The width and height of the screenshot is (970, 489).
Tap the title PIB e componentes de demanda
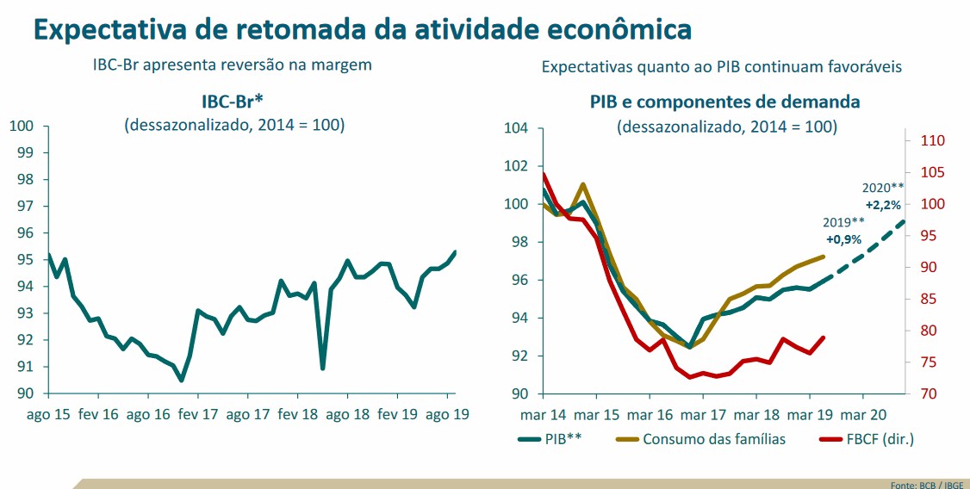click(x=724, y=102)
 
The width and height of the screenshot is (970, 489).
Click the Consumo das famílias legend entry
click(x=703, y=438)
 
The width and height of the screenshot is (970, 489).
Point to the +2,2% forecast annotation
click(x=883, y=205)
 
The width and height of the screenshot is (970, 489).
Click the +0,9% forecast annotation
click(x=843, y=239)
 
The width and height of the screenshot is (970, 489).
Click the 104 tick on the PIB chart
click(x=515, y=128)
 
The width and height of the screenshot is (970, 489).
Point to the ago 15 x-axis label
click(x=47, y=413)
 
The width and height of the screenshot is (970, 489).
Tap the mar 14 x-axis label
click(x=543, y=413)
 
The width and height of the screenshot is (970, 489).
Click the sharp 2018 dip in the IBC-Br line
click(x=322, y=368)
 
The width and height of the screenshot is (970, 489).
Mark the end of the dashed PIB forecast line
click(x=904, y=221)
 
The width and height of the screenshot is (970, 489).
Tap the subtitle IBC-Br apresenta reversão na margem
click(x=233, y=65)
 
